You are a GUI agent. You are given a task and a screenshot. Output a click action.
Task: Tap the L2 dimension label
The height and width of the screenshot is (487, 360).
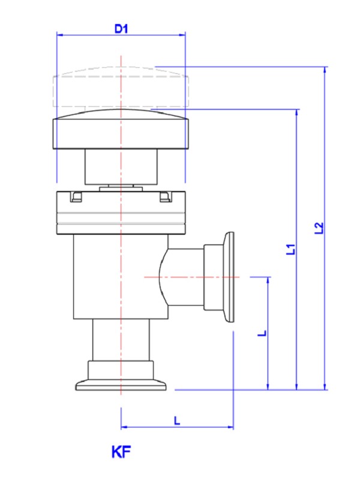319,228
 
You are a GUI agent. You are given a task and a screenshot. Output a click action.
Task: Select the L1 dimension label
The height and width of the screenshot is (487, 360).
290,249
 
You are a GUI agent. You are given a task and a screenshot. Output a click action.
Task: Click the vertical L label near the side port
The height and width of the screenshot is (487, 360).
262,333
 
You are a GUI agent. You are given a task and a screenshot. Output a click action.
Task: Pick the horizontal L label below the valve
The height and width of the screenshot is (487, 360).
177,420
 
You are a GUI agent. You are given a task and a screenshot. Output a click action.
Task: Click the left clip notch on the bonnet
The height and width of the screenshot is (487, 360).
75,197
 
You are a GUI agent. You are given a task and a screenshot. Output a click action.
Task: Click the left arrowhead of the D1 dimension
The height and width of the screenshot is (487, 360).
59,35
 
